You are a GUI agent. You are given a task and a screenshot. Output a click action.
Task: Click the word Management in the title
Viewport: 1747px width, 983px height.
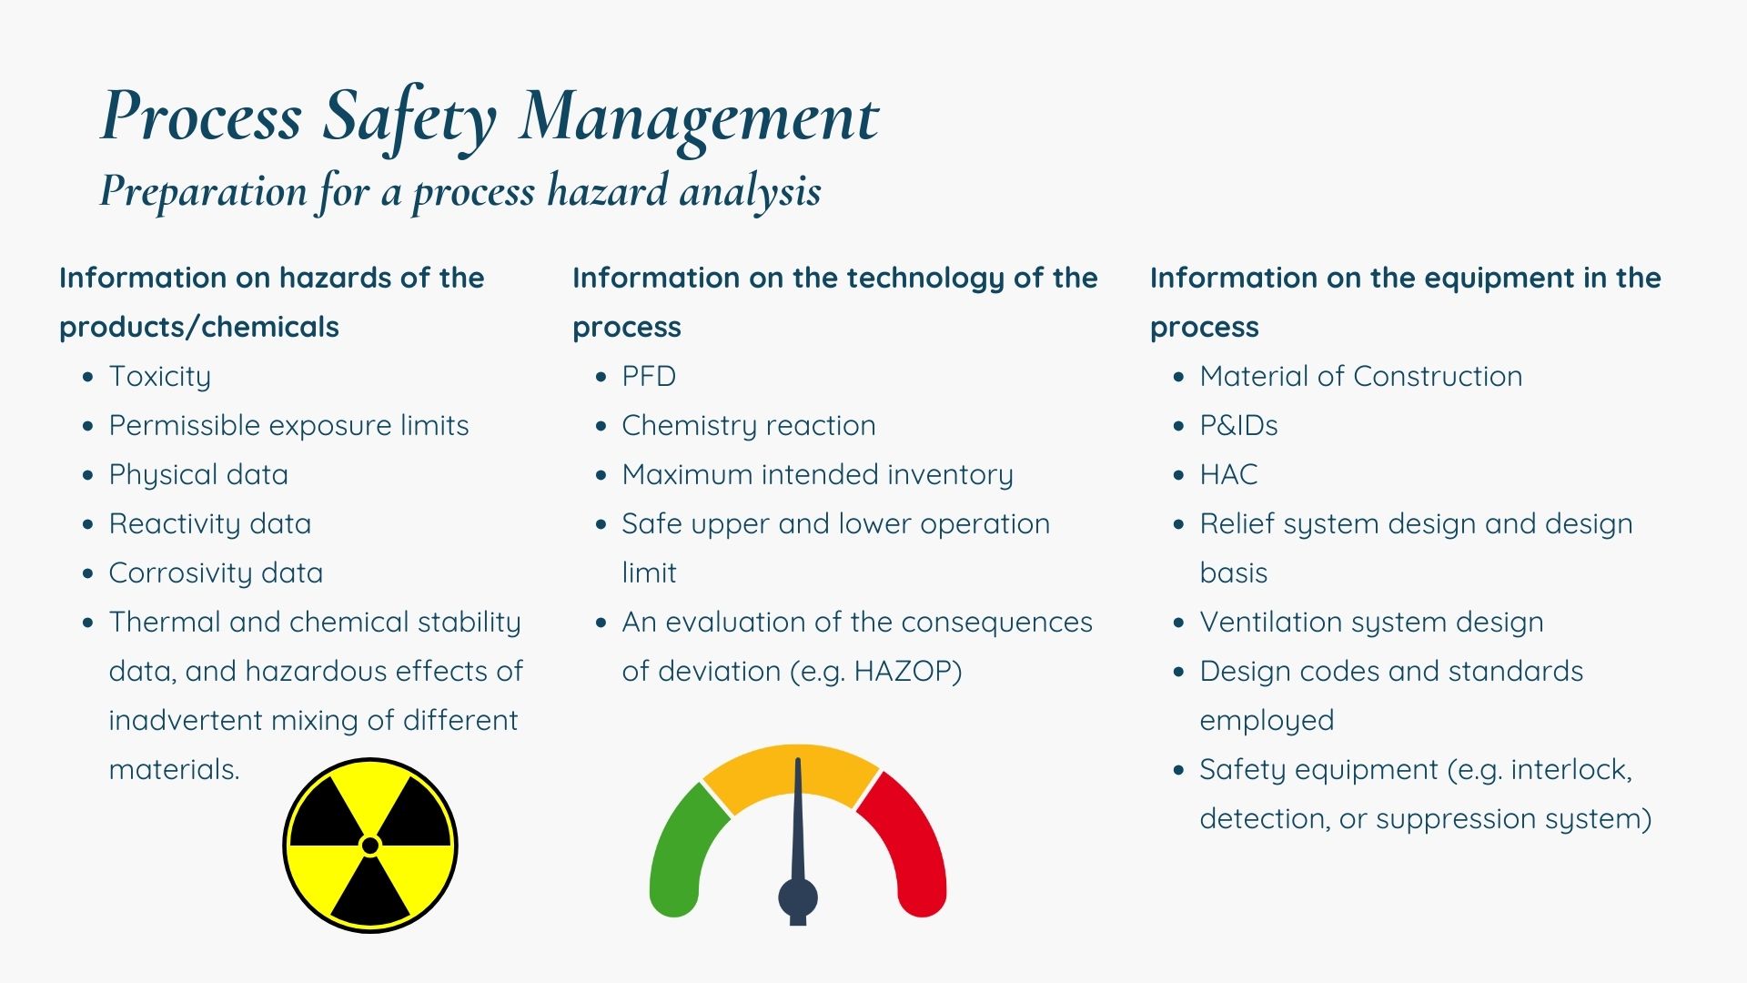[698, 117]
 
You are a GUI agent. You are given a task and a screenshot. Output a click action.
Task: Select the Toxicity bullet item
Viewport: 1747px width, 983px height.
[160, 376]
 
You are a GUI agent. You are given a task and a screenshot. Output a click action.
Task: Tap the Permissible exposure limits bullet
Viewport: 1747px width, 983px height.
[288, 425]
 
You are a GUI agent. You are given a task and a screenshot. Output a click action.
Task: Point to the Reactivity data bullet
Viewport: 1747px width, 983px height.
[209, 523]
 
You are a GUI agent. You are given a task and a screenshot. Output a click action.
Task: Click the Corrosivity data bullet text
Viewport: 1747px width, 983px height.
[216, 573]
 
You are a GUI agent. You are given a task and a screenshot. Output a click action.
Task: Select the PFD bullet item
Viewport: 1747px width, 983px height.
[649, 376]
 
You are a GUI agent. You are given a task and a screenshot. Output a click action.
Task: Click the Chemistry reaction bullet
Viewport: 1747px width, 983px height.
[748, 425]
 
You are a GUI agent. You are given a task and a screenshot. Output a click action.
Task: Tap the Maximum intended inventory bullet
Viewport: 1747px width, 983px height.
[817, 474]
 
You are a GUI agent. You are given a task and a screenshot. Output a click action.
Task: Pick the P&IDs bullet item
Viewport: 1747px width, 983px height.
[1238, 425]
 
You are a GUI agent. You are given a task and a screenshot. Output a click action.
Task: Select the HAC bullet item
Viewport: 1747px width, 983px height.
[1228, 474]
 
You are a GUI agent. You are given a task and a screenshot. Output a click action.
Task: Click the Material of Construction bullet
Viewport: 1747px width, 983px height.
[1360, 376]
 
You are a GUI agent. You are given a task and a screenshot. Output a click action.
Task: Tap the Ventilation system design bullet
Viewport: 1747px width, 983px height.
[1371, 622]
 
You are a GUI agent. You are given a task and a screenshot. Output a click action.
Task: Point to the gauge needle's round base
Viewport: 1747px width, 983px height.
[798, 897]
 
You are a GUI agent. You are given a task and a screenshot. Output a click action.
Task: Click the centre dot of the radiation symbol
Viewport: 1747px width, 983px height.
[370, 846]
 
